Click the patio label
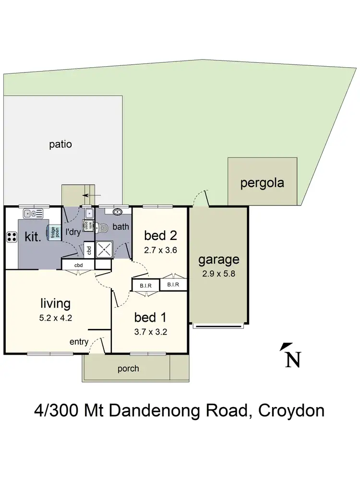click(x=60, y=144)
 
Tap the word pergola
click(x=262, y=182)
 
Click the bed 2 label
click(x=161, y=236)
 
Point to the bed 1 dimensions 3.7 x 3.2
click(x=150, y=332)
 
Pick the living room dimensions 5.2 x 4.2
click(x=56, y=318)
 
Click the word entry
click(x=79, y=342)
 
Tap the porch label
click(x=128, y=369)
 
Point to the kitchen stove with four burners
click(x=12, y=236)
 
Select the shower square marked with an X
click(x=104, y=249)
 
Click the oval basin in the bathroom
click(x=118, y=212)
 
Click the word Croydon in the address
click(x=291, y=411)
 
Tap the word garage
click(x=218, y=260)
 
